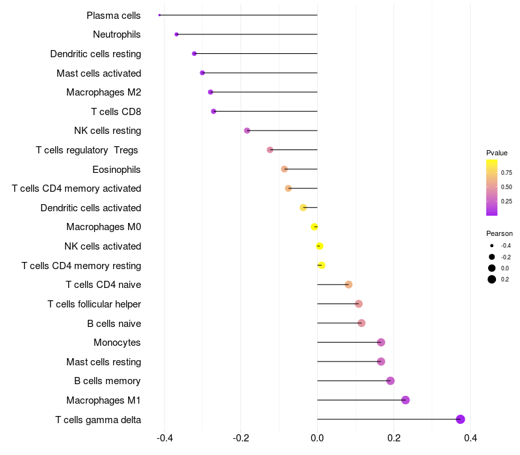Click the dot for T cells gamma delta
(460, 419)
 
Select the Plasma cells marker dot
(159, 15)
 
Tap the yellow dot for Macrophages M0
(315, 227)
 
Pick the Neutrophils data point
(177, 34)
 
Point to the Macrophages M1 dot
(406, 400)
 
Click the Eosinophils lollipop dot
(284, 169)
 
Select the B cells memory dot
(390, 381)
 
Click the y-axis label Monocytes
(117, 343)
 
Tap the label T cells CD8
(116, 112)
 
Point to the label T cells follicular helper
(94, 304)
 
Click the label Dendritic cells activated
(90, 208)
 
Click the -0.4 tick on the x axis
(164, 438)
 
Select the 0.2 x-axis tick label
(394, 438)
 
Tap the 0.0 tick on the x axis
(317, 438)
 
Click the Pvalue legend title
(497, 153)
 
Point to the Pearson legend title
(499, 233)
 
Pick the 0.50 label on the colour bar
(506, 187)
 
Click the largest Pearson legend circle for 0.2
(492, 279)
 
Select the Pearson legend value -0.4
(506, 246)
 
